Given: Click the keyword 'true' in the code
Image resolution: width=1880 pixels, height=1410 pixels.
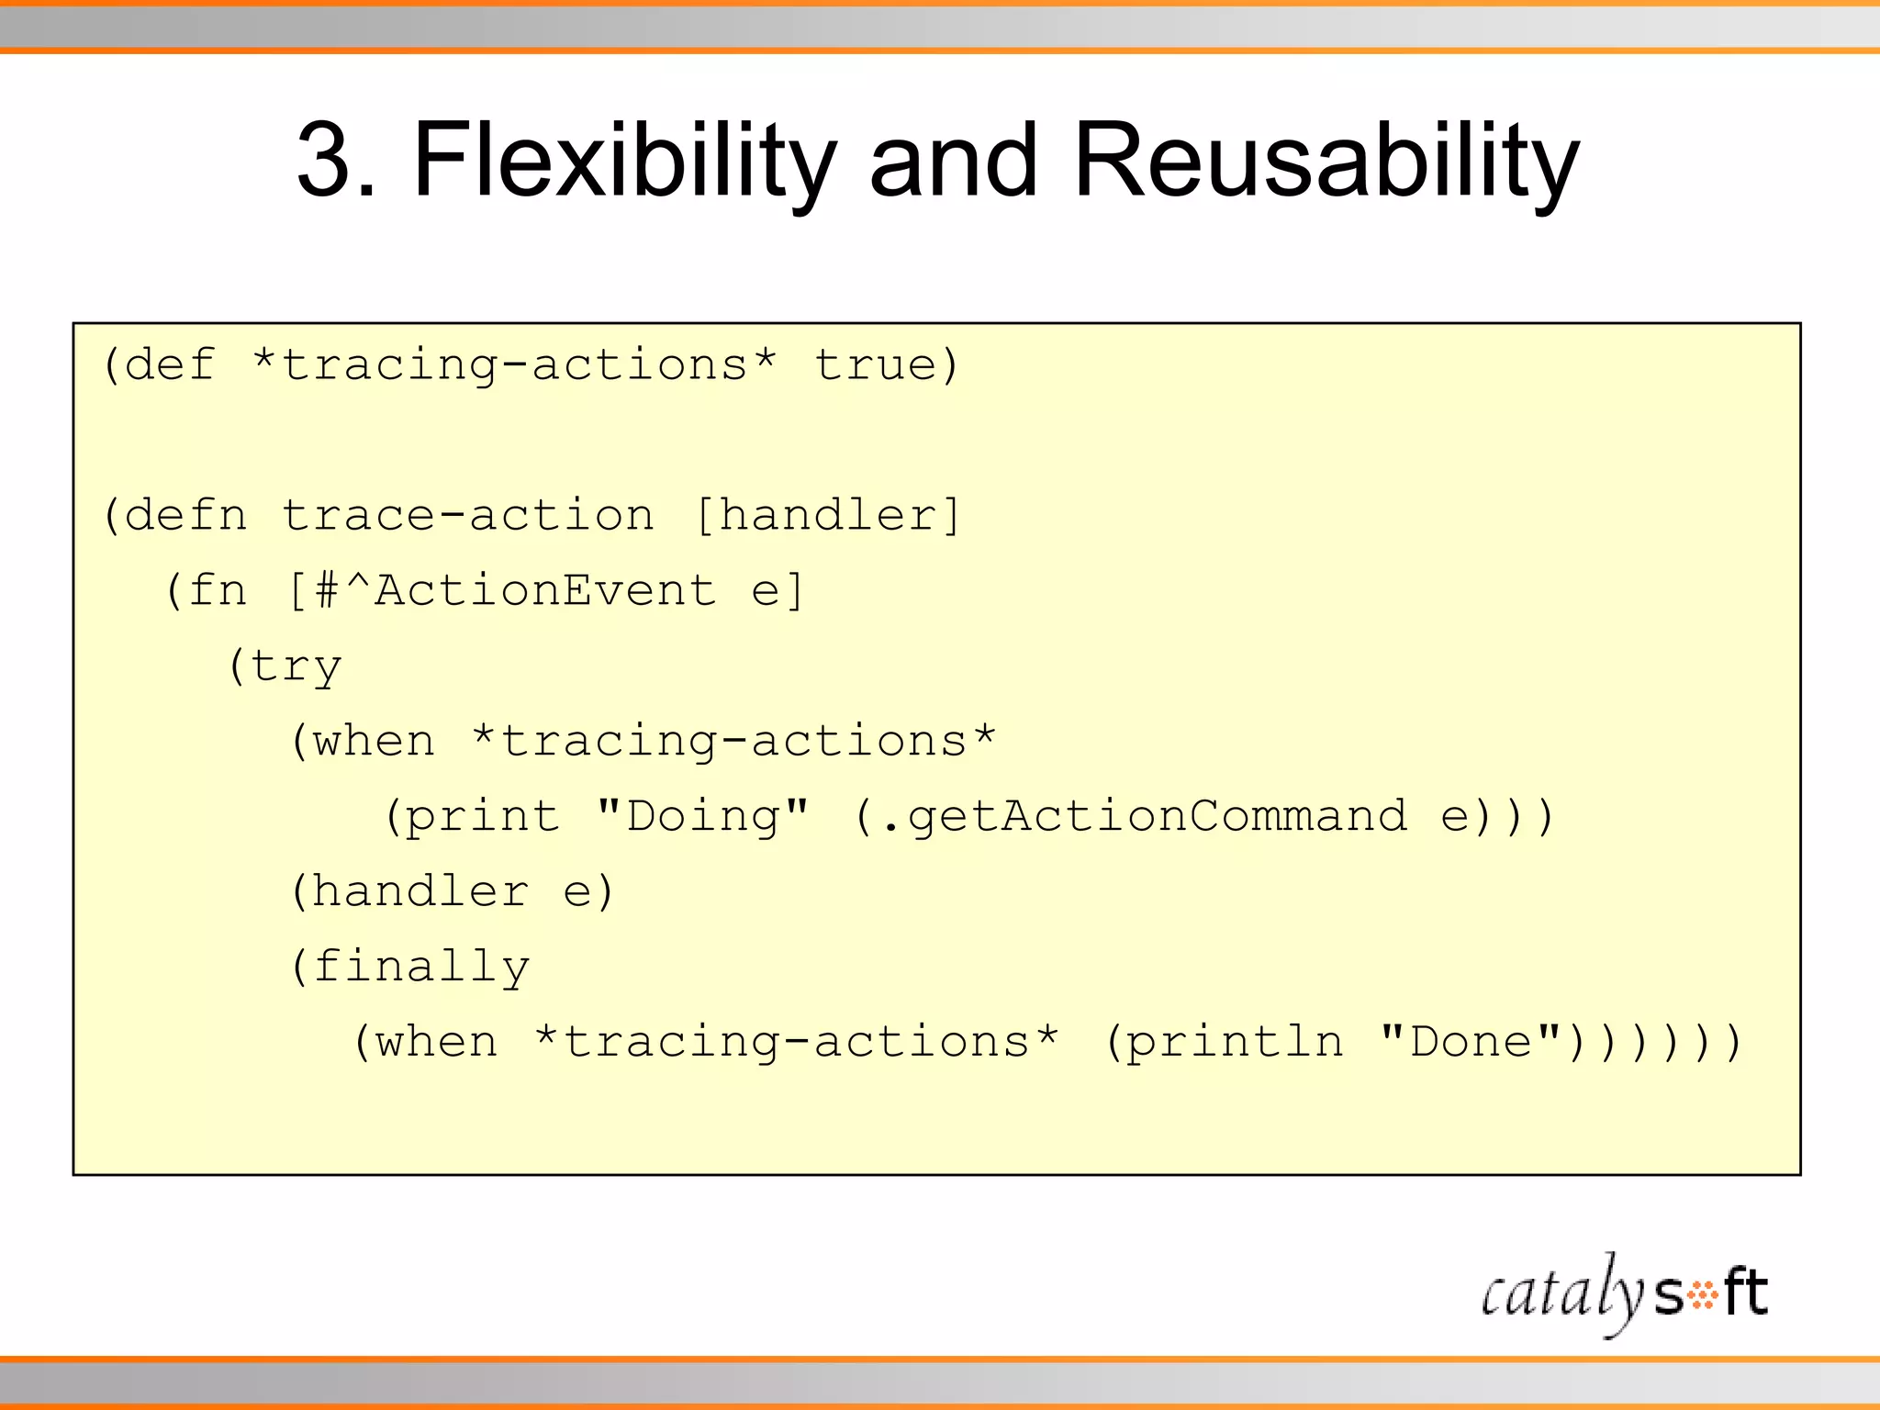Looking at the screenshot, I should point(875,365).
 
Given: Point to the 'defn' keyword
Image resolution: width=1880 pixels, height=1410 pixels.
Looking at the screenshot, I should point(186,515).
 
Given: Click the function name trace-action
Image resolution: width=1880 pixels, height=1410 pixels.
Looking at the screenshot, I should point(467,515).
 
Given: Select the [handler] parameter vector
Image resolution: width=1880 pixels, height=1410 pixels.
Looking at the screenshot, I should point(828,515).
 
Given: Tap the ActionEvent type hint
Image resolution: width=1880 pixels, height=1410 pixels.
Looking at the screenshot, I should point(545,590).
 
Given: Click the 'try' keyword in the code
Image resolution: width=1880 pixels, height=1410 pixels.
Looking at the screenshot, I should point(296,666).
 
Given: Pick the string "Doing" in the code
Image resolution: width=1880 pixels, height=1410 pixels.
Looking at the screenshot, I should point(702,816).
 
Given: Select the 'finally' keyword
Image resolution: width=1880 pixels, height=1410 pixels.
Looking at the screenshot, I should point(421,967).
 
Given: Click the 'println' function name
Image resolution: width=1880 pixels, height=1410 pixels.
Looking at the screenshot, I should point(1235,1042).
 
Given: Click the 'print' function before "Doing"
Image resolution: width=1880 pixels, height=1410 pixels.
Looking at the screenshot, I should point(482,816).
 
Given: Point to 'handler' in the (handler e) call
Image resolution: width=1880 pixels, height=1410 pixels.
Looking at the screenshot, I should point(421,891).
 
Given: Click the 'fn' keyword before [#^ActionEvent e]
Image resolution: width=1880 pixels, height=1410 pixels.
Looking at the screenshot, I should point(218,590).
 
